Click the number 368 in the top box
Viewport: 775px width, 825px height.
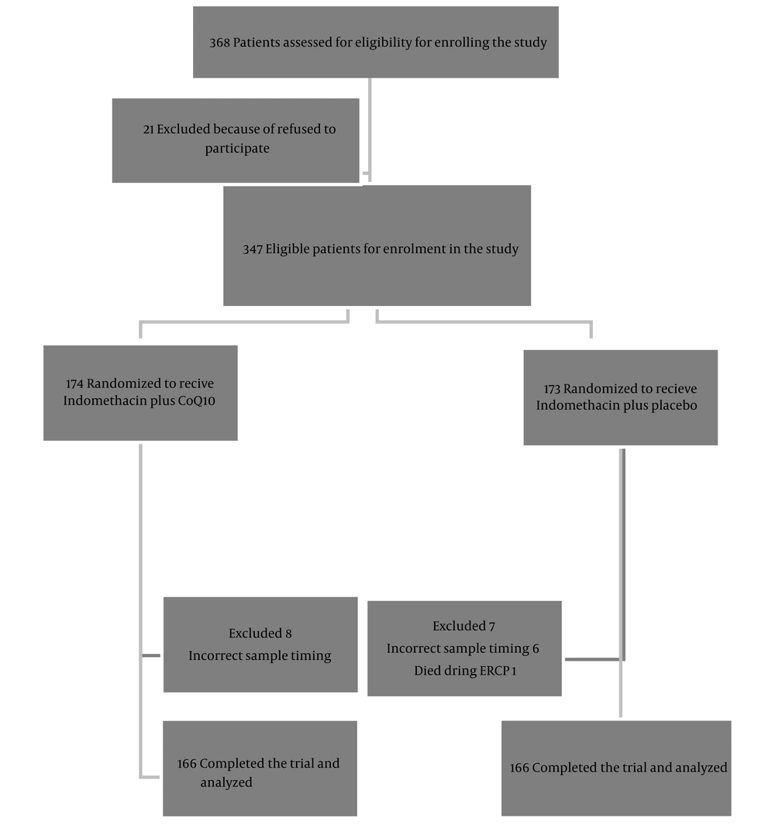coord(219,43)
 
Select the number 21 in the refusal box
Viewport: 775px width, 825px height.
coord(148,129)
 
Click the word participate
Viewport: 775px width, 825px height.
coord(237,149)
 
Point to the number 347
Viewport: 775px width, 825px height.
coord(253,249)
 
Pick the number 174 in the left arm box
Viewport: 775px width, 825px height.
coord(74,384)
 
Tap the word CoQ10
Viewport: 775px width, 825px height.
coord(196,401)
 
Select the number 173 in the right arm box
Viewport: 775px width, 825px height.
coord(553,390)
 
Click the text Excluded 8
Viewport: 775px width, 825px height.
coord(260,634)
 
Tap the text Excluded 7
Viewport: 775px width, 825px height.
coord(464,626)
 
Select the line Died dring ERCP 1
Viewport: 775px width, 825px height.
coord(465,671)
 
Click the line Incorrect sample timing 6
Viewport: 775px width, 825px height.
coord(463,648)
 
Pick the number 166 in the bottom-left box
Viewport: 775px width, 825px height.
coord(187,764)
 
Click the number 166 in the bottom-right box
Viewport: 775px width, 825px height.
coord(519,768)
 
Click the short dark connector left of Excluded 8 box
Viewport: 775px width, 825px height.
coord(151,655)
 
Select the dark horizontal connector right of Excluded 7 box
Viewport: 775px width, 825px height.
coord(593,659)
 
